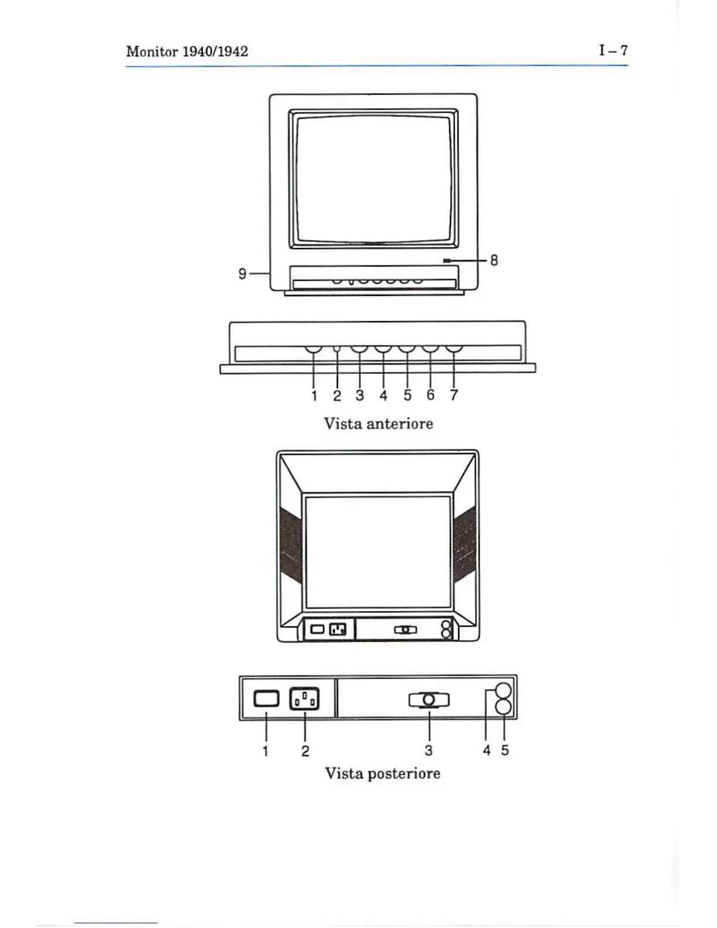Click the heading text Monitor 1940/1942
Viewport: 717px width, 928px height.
[187, 52]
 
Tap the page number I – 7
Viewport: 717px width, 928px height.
[613, 50]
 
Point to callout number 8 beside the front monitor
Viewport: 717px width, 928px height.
[494, 260]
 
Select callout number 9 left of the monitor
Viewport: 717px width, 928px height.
[242, 274]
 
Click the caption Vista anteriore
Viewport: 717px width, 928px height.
[378, 424]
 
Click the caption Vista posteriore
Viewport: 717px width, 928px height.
[383, 773]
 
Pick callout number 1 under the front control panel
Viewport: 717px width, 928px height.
[314, 395]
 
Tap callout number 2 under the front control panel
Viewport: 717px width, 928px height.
[337, 395]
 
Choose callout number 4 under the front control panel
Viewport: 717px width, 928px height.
[383, 395]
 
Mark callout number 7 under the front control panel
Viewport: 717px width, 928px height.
[453, 395]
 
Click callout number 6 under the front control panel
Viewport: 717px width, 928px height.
[431, 395]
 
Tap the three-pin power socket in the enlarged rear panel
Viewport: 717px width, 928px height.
[305, 698]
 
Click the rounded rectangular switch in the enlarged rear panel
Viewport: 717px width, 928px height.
[267, 698]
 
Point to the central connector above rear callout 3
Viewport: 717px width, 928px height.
[429, 700]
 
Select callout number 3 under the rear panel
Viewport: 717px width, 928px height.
[429, 750]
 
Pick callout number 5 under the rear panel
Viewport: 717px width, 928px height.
[505, 750]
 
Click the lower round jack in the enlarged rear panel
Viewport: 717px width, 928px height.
[504, 707]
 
